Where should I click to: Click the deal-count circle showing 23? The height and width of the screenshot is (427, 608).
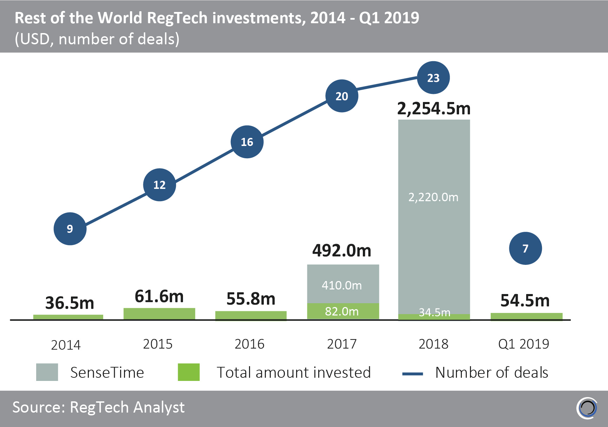pyautogui.click(x=433, y=78)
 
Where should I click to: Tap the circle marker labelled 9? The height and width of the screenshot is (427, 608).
pyautogui.click(x=70, y=229)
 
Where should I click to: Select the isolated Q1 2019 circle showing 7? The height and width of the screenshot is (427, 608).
pyautogui.click(x=525, y=248)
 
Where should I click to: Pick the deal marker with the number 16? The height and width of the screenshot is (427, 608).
pyautogui.click(x=247, y=142)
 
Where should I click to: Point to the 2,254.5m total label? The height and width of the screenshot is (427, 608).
pyautogui.click(x=434, y=109)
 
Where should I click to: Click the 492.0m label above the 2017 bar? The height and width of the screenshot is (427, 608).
pyautogui.click(x=342, y=251)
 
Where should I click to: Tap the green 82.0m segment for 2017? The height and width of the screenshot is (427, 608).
pyautogui.click(x=343, y=311)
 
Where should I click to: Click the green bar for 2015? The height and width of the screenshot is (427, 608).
pyautogui.click(x=159, y=314)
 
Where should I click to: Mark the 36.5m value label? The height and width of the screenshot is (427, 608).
pyautogui.click(x=70, y=303)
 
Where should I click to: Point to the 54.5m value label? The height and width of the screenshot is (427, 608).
pyautogui.click(x=525, y=301)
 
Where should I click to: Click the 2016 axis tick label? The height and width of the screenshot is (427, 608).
pyautogui.click(x=249, y=344)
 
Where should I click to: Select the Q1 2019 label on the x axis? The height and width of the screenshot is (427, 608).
pyautogui.click(x=523, y=344)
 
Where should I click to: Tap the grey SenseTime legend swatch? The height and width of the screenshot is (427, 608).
pyautogui.click(x=47, y=372)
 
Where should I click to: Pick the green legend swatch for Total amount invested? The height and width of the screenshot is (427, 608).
pyautogui.click(x=189, y=372)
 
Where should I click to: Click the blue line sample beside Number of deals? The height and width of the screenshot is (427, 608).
pyautogui.click(x=412, y=374)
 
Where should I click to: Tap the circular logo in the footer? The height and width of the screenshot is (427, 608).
pyautogui.click(x=587, y=408)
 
